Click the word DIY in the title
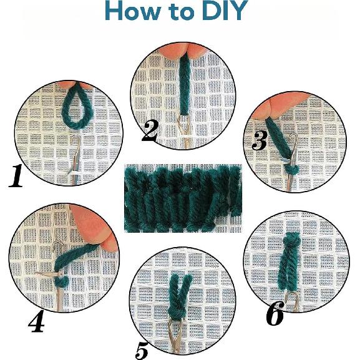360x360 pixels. [x=225, y=11]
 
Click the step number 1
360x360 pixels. [x=16, y=176]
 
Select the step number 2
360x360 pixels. [x=150, y=131]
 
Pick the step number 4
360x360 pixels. [x=37, y=321]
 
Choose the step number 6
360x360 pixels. [x=275, y=313]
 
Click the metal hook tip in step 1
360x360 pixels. [x=76, y=139]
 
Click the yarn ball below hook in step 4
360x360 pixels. [x=62, y=281]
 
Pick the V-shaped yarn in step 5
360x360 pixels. [x=180, y=294]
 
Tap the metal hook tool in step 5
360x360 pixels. [x=175, y=335]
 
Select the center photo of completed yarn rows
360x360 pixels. [x=183, y=198]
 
